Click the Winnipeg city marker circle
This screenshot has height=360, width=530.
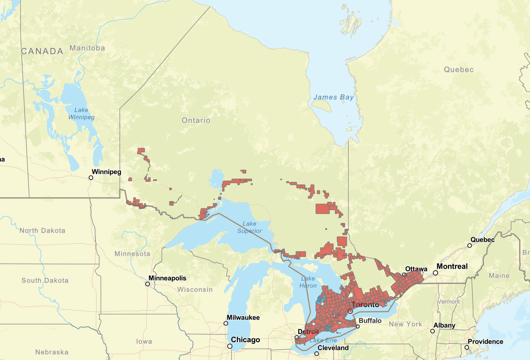click(x=91, y=178)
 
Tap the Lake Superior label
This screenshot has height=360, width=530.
click(x=250, y=227)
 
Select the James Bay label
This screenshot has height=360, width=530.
click(x=334, y=97)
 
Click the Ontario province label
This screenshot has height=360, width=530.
click(x=196, y=120)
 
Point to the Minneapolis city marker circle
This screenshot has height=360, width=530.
click(x=148, y=284)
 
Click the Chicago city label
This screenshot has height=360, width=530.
click(x=245, y=340)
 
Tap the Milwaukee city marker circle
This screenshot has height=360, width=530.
click(x=226, y=323)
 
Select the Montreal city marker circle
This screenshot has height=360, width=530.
click(x=435, y=273)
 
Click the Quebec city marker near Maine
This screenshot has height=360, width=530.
click(x=469, y=245)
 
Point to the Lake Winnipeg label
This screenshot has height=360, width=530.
click(x=81, y=114)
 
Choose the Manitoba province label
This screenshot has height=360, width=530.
click(x=87, y=48)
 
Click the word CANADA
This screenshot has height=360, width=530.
click(x=42, y=51)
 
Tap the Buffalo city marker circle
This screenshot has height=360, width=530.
click(x=358, y=327)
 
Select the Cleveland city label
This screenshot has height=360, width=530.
click(x=333, y=348)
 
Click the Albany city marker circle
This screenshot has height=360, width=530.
click(x=432, y=331)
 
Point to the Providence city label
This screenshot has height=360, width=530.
click(x=485, y=342)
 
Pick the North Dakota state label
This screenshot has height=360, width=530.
click(x=42, y=231)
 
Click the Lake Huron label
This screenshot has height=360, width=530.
click(x=308, y=282)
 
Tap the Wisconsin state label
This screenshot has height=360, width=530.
click(x=195, y=290)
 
